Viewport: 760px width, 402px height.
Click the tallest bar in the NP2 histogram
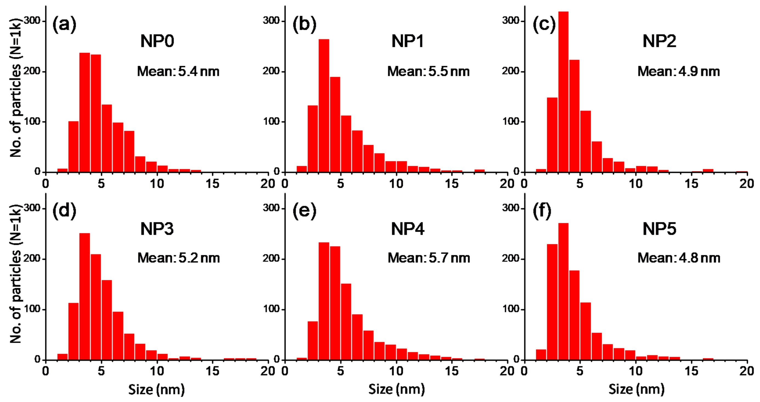[563, 91]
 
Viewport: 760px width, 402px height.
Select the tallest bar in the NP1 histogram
[324, 105]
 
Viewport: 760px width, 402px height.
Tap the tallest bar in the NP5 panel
[563, 291]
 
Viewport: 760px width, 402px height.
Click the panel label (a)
[64, 24]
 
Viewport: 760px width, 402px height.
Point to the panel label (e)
[304, 211]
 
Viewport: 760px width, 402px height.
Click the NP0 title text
[157, 41]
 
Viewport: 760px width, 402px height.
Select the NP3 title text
[157, 229]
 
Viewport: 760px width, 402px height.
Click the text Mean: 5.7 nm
[428, 258]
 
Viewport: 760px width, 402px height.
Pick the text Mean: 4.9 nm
[678, 71]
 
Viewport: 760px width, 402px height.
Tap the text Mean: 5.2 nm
[179, 258]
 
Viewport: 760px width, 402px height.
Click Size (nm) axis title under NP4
[396, 389]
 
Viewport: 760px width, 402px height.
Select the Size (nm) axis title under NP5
[636, 389]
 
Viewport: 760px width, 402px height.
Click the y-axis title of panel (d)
[15, 274]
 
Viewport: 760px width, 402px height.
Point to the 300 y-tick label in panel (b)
[271, 21]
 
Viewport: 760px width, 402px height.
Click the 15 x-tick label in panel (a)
[212, 184]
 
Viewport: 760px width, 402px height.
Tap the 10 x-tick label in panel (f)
[635, 371]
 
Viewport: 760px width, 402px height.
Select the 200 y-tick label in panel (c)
[510, 71]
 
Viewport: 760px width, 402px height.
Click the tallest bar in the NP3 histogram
[85, 296]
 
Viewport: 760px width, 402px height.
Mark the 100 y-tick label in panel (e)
[271, 309]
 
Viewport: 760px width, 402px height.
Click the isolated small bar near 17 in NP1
[479, 171]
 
